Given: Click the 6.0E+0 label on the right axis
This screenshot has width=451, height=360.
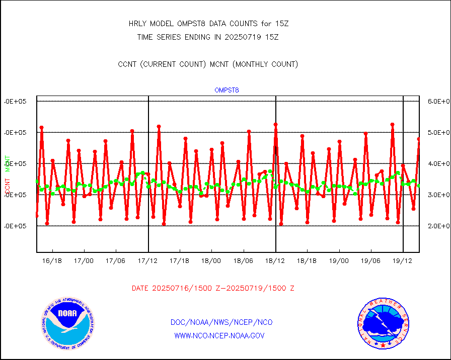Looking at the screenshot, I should pos(437,101).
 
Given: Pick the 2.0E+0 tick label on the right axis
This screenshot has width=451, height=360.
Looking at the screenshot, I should pos(437,226).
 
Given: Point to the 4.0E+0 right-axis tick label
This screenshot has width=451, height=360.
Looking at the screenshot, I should pos(437,163).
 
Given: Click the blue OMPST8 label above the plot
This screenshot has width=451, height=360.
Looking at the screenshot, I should pos(227,91).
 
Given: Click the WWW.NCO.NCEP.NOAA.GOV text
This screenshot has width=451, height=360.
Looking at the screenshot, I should pos(219,335).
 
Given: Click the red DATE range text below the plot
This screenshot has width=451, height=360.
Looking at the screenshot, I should pos(213,289).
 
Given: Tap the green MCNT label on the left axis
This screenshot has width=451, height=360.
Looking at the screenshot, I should pos(8,163).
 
